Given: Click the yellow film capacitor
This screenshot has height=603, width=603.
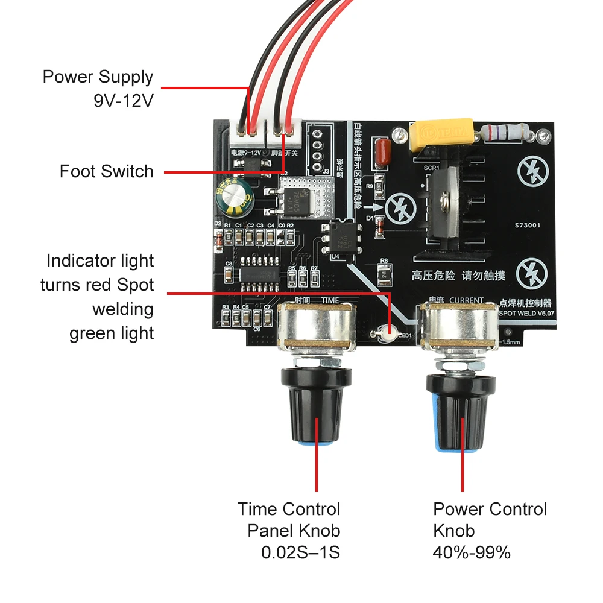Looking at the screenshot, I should (439, 136).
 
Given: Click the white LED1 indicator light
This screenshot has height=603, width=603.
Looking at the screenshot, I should (385, 330).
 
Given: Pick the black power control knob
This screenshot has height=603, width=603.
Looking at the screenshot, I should (461, 416).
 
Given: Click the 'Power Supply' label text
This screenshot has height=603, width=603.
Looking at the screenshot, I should (98, 77).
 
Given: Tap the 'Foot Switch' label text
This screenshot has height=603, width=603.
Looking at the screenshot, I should (107, 171).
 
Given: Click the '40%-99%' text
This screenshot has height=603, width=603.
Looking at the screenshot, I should (472, 552).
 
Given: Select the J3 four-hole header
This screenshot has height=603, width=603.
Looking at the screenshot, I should (315, 148).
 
